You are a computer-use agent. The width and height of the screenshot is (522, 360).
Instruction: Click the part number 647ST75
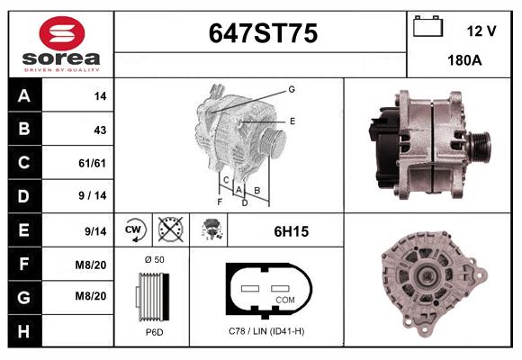pos(263,33)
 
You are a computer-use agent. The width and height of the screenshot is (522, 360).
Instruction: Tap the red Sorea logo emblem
pos(62,33)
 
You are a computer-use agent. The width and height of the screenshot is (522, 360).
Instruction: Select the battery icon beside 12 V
pos(427,26)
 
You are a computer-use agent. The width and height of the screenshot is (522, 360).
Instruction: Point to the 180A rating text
pos(464,60)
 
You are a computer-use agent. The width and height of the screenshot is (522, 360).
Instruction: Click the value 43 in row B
pos(100,130)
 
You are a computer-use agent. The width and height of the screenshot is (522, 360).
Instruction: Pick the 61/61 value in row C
pos(92,163)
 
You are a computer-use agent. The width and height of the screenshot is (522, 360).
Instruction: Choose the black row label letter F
pos(24,264)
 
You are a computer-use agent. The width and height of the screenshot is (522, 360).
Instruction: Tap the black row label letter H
pos(23,331)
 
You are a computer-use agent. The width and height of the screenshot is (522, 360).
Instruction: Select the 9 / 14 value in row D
pos(93,195)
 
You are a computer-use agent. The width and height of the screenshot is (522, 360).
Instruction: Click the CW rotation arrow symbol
pos(135,229)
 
